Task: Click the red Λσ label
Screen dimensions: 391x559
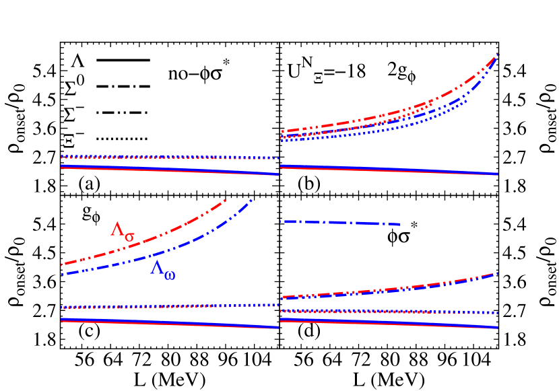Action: [x=122, y=230]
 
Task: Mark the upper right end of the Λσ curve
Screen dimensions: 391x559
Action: [x=226, y=201]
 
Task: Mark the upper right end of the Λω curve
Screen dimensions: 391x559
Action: [x=251, y=200]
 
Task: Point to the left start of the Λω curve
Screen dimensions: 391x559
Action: [x=62, y=274]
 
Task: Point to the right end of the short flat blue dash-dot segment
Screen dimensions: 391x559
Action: [x=400, y=224]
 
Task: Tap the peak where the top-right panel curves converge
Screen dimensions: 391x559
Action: [x=497, y=55]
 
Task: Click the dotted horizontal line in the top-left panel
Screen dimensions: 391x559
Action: [x=168, y=157]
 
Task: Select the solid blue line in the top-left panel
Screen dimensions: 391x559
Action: [x=168, y=169]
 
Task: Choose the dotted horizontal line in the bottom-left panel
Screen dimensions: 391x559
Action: [x=168, y=307]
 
